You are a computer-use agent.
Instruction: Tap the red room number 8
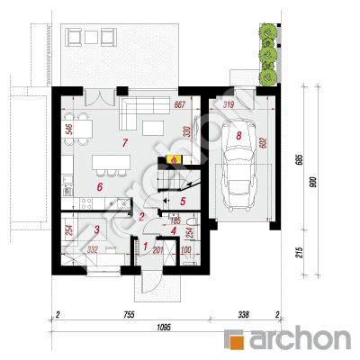coord(239,135)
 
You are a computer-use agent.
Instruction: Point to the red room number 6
coord(102,186)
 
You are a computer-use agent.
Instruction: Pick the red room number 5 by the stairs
coord(183,202)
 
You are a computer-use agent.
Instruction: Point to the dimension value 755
coord(129,316)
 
